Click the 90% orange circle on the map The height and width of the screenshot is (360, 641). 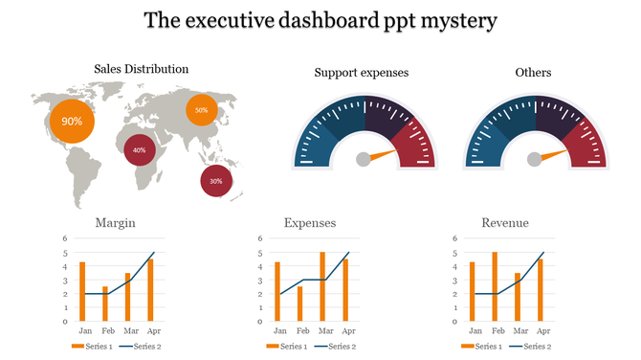[x=72, y=122]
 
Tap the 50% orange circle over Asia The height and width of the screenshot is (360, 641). [x=201, y=110]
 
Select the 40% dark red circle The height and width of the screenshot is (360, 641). [x=140, y=149]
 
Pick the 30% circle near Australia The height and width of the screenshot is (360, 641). [x=215, y=180]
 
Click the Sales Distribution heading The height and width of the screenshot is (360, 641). [x=141, y=69]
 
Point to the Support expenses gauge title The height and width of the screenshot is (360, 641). [x=361, y=73]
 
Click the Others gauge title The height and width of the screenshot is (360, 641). [x=533, y=73]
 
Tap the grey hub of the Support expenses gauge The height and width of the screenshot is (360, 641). [x=364, y=160]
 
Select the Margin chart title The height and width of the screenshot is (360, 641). [x=115, y=223]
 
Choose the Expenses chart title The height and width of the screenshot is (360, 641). [x=310, y=223]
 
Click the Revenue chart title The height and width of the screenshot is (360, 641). [x=505, y=223]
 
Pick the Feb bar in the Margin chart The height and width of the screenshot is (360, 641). [x=105, y=303]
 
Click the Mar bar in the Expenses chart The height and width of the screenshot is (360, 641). [x=322, y=286]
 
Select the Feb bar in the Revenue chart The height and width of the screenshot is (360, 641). [x=494, y=286]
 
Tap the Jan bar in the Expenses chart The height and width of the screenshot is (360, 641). [x=277, y=291]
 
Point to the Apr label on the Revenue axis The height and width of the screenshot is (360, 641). [x=540, y=330]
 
